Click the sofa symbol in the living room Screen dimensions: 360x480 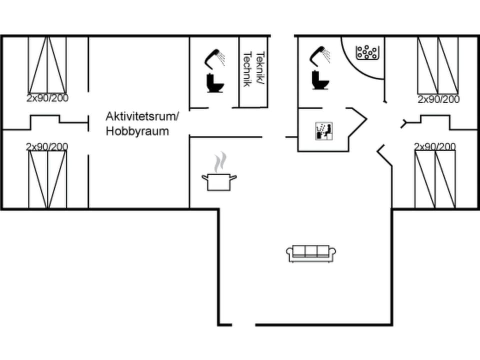[311, 253]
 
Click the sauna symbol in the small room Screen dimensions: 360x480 [323, 131]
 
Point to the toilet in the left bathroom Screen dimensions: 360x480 [215, 83]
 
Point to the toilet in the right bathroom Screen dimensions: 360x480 [320, 80]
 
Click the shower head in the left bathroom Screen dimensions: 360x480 [215, 57]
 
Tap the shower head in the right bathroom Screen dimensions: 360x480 [320, 54]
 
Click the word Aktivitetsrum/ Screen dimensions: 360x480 [142, 116]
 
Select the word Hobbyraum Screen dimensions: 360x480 [137, 131]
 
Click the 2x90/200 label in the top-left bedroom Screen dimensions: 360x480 [47, 98]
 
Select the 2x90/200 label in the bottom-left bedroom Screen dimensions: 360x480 [47, 146]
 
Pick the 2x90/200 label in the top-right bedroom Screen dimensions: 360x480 [438, 99]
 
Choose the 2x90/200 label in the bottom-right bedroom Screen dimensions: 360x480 [435, 146]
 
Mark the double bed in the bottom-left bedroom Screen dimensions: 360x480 [47, 179]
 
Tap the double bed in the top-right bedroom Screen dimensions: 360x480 [438, 65]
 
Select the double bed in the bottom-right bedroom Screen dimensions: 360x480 [435, 179]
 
